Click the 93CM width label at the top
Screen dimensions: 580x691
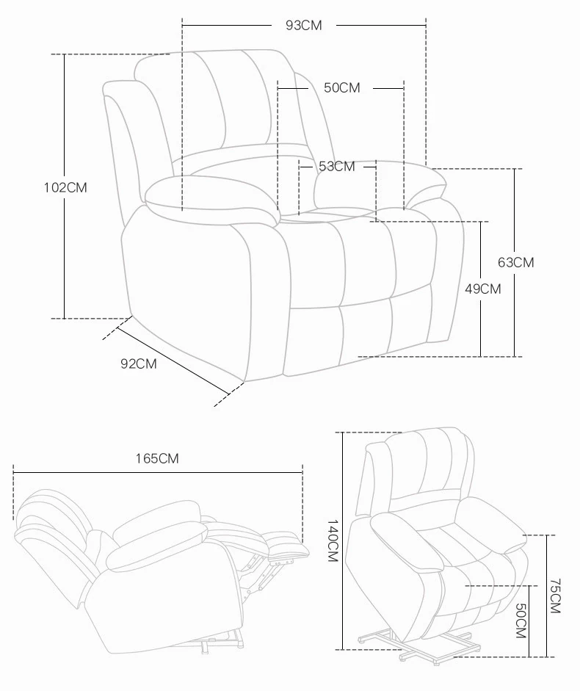(304, 26)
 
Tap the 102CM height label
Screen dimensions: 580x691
(65, 188)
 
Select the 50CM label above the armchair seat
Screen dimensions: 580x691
(342, 87)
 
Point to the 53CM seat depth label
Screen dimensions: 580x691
(337, 167)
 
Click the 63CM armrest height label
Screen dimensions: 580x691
(515, 263)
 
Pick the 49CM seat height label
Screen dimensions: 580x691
(483, 289)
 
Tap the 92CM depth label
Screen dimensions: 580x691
(138, 364)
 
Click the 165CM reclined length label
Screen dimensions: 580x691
(157, 459)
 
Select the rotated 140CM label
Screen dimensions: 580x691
(333, 540)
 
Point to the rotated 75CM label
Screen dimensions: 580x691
(554, 596)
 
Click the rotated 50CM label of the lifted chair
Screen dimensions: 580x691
(521, 621)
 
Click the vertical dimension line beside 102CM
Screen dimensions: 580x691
(65, 187)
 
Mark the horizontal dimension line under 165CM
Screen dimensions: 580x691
(158, 473)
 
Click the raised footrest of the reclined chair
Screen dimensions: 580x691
(286, 546)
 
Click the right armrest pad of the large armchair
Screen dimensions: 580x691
(380, 185)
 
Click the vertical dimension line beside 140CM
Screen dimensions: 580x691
(342, 541)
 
